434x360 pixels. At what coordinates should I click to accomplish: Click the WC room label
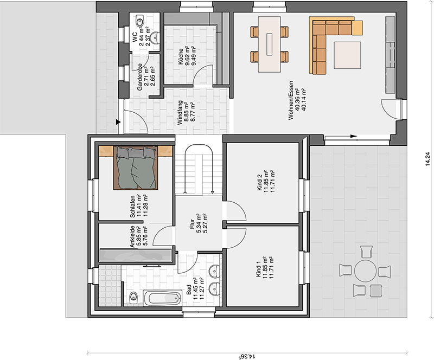(x=135, y=37)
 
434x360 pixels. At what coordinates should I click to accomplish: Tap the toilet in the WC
(x=139, y=20)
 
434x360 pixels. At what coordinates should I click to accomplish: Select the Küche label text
(x=181, y=57)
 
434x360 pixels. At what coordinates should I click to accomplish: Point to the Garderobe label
(x=140, y=76)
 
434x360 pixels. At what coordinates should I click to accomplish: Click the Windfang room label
(x=180, y=112)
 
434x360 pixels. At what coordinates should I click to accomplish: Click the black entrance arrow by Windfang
(x=118, y=122)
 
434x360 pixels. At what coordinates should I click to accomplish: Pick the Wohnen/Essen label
(x=290, y=100)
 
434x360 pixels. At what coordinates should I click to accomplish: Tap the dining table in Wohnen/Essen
(x=269, y=44)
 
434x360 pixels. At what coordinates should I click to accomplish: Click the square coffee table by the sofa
(x=347, y=55)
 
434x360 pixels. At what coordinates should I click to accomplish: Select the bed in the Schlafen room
(x=136, y=168)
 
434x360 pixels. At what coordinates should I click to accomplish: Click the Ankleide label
(x=132, y=236)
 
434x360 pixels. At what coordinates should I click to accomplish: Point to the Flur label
(x=192, y=224)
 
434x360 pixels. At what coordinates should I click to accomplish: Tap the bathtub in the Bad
(x=162, y=298)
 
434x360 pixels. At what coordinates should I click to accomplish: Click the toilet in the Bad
(x=133, y=297)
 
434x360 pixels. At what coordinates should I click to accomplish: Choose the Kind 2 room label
(x=260, y=183)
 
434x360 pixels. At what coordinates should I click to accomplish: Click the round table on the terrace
(x=365, y=271)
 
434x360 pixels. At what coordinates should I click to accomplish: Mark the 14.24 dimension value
(x=429, y=159)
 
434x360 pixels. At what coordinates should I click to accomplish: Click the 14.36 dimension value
(x=247, y=356)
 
